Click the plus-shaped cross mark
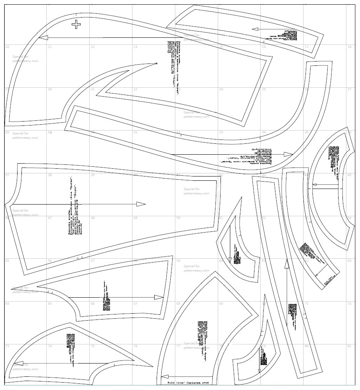[76, 25]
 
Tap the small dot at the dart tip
[156, 63]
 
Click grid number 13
[136, 47]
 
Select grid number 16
[264, 47]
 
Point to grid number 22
[136, 89]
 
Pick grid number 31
[136, 132]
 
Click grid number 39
[93, 175]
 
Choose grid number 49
[136, 218]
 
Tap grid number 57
[93, 261]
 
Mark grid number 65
[50, 304]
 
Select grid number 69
[221, 304]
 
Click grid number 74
[50, 346]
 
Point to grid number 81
[349, 346]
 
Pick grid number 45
[349, 175]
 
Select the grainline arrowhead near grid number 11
[43, 38]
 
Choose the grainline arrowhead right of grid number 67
[159, 297]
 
